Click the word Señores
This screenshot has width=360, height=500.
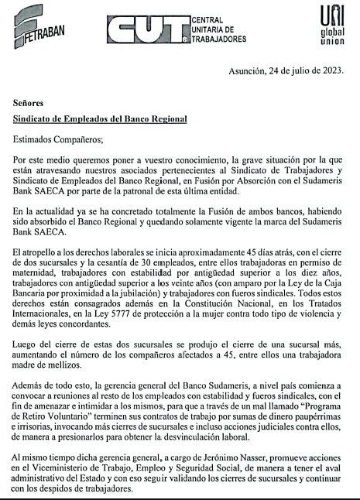[32, 102]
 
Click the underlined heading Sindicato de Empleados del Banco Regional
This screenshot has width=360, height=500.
[101, 121]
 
